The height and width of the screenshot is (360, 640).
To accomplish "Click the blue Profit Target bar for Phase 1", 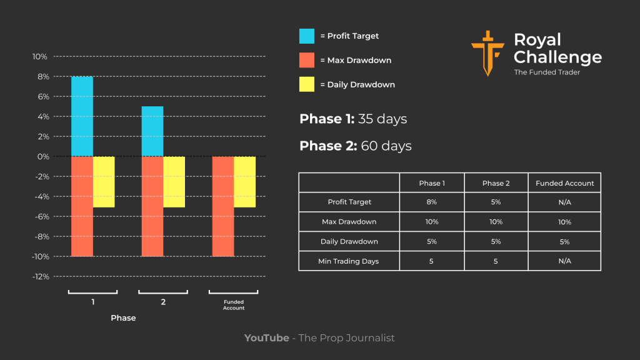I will [x=82, y=116].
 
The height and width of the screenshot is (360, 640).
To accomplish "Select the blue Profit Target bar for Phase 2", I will [x=152, y=131].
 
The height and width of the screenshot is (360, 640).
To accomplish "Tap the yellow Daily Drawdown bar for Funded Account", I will [x=245, y=181].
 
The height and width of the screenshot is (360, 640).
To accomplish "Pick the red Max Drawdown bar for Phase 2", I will [x=152, y=206].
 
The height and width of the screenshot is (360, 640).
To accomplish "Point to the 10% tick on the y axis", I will [x=39, y=57].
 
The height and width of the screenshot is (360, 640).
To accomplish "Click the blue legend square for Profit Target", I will [x=307, y=36].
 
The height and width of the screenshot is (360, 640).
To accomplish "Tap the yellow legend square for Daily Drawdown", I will [x=307, y=84].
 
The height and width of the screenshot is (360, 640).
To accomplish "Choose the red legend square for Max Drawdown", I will [x=307, y=60].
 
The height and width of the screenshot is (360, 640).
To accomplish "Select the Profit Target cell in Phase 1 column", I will [x=432, y=202].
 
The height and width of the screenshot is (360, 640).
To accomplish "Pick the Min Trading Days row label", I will [x=349, y=261].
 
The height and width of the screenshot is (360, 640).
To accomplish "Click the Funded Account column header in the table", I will [x=564, y=183].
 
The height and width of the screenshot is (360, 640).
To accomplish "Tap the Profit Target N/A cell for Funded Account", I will [x=564, y=202].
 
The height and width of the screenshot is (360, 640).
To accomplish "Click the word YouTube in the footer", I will [x=266, y=338].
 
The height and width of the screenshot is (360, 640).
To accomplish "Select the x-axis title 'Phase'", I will [x=123, y=318].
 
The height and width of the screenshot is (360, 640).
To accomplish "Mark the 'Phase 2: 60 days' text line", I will [x=356, y=146].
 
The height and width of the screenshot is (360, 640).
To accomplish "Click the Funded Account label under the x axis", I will [x=234, y=305].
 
